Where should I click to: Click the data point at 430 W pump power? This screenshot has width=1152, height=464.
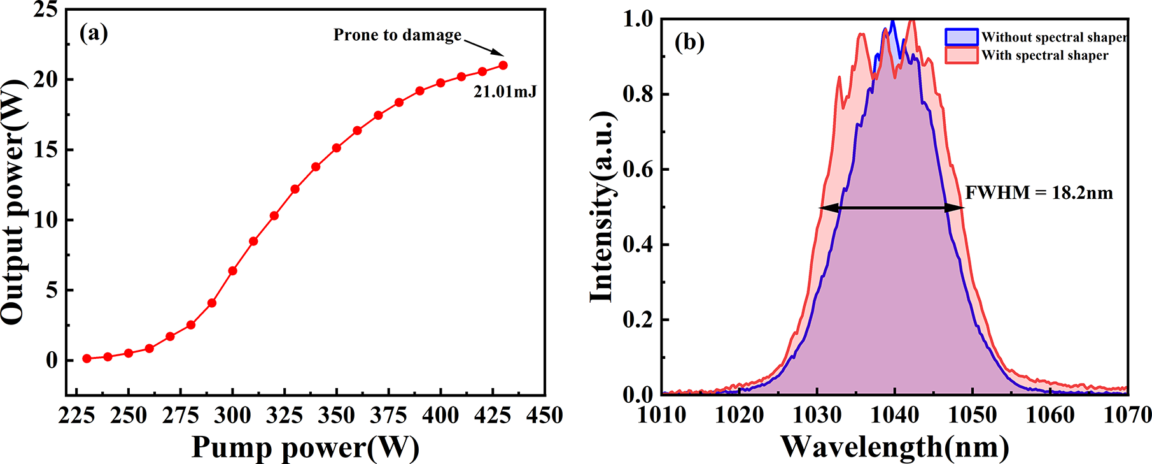[503, 65]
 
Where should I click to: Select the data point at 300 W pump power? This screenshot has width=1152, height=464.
[232, 271]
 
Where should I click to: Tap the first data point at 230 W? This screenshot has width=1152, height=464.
[87, 359]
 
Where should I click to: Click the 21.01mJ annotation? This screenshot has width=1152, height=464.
[505, 92]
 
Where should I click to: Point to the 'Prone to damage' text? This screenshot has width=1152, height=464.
[397, 35]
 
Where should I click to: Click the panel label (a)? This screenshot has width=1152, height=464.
[94, 33]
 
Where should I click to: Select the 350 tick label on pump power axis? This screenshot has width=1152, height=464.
[336, 416]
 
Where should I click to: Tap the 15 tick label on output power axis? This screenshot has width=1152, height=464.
[46, 150]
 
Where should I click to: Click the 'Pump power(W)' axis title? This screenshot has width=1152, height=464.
[306, 447]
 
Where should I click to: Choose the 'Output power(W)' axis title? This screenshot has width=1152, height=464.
[14, 202]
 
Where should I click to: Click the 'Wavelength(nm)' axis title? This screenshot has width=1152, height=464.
[894, 447]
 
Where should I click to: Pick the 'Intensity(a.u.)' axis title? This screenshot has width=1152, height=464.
[602, 207]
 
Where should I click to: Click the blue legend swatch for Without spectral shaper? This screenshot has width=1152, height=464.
[961, 37]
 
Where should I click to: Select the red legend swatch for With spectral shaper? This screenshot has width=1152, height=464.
[961, 55]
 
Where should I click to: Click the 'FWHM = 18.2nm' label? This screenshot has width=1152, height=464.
[1039, 192]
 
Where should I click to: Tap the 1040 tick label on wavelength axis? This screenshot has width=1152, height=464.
[895, 416]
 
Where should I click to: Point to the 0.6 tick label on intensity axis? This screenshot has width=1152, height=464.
[638, 170]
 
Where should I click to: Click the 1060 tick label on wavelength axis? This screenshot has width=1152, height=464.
[1050, 416]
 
